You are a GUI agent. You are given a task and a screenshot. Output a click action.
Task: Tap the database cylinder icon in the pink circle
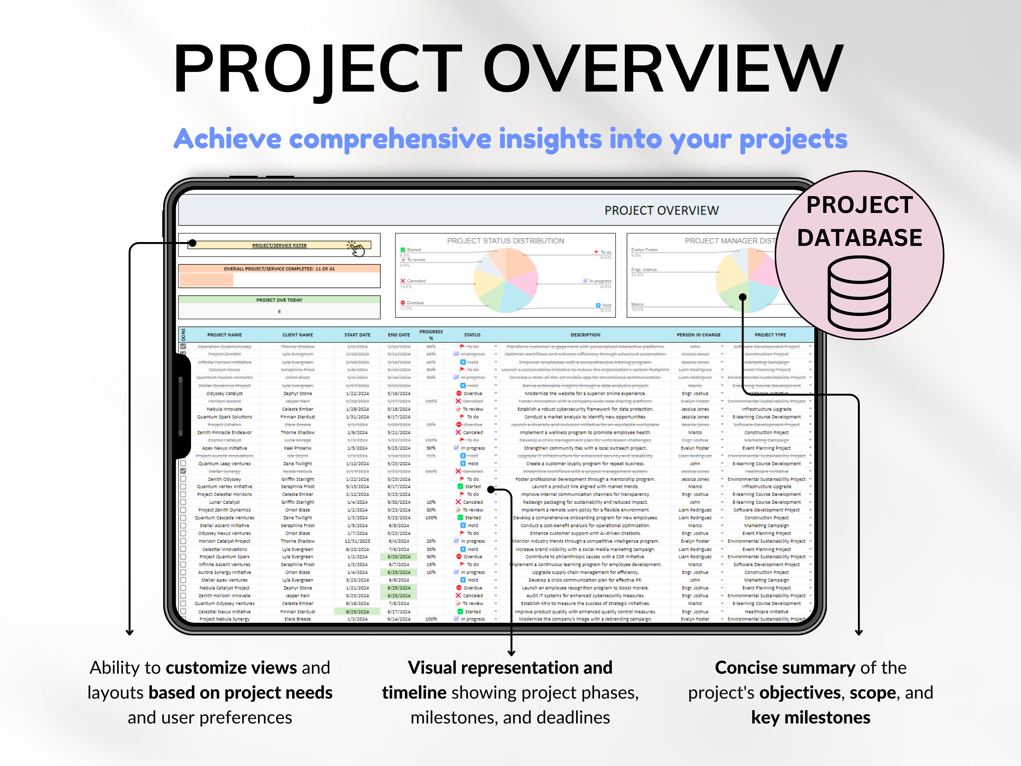(859, 294)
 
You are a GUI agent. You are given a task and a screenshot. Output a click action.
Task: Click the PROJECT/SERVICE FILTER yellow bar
(279, 245)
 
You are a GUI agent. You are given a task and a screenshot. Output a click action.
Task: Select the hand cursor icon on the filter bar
(356, 249)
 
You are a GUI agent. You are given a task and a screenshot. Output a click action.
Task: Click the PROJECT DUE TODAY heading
(279, 300)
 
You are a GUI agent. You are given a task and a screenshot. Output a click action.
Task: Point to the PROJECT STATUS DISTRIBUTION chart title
(505, 241)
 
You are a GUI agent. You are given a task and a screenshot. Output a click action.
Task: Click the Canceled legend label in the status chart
(416, 281)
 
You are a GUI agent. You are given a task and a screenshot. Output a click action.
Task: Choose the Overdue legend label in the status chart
(415, 303)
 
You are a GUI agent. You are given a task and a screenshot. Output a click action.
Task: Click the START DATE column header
(357, 335)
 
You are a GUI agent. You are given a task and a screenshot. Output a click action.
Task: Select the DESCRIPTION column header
(585, 335)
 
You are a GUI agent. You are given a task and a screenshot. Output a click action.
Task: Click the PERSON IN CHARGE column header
(698, 335)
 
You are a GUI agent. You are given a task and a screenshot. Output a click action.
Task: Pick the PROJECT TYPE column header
(770, 335)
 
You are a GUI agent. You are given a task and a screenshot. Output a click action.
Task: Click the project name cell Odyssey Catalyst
(224, 393)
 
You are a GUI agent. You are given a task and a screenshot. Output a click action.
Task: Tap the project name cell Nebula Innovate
(224, 409)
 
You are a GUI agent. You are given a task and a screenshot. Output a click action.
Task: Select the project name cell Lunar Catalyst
(224, 502)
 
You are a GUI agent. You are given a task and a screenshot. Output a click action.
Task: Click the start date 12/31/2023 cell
(357, 541)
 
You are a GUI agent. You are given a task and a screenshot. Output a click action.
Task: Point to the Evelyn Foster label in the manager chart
(644, 250)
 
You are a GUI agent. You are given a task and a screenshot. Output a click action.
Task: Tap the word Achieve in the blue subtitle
(227, 139)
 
